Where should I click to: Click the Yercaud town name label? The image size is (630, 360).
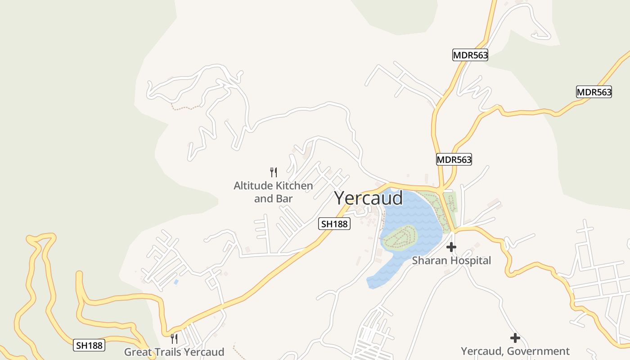369,198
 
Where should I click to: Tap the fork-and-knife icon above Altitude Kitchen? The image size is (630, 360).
273,172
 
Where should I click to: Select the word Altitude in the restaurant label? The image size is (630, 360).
253,185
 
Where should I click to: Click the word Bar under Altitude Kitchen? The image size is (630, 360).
284,198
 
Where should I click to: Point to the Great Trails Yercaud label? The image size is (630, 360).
174,351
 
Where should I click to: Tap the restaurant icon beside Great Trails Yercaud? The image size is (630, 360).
174,338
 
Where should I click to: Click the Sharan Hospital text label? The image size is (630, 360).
451,260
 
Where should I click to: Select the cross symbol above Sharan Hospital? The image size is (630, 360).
451,247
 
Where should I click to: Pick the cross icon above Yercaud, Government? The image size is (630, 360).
515,338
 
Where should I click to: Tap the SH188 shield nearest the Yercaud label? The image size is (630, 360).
334,223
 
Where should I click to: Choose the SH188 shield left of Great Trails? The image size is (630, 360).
89,345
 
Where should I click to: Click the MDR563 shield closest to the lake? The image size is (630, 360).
454,159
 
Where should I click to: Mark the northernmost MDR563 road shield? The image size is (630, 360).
470,55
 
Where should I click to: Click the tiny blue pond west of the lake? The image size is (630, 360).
175,282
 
